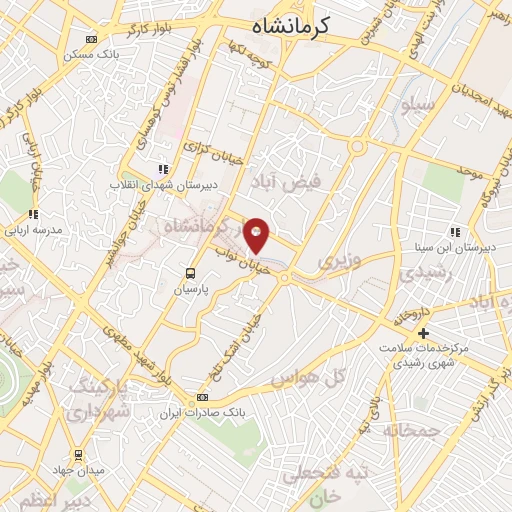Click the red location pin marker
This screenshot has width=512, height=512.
[x=257, y=235]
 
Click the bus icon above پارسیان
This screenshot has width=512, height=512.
[x=191, y=272]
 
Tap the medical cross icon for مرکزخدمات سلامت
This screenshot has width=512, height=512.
[x=423, y=333]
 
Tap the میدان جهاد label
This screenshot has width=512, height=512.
[x=78, y=469]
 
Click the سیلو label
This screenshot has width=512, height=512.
[x=418, y=103]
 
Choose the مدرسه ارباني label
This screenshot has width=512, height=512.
[x=34, y=229]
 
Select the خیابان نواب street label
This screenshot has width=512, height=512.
[x=241, y=262]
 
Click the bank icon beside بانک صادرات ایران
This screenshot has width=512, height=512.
[x=203, y=397]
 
